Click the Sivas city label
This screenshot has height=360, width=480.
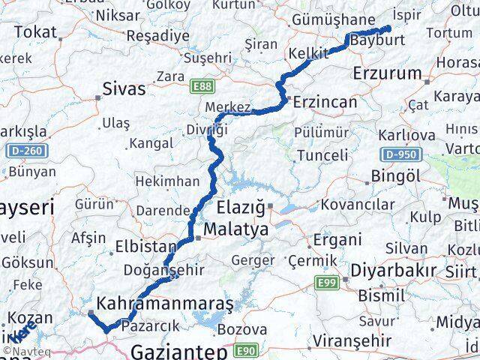click(x=125, y=89)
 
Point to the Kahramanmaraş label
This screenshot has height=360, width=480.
click(x=160, y=304)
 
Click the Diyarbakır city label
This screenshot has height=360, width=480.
click(x=395, y=269)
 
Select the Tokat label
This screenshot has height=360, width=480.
click(x=35, y=31)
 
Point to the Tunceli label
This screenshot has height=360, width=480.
click(x=322, y=155)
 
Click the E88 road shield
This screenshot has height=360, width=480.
click(x=202, y=88)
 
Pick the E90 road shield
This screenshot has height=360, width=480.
click(x=247, y=350)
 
